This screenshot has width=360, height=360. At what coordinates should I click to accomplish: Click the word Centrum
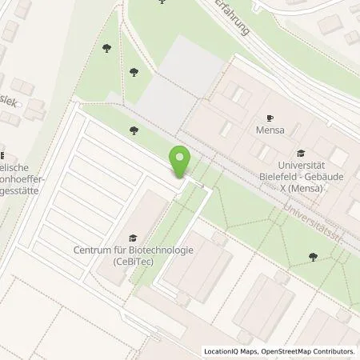(92, 250)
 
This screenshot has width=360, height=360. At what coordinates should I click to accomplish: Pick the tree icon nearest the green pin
(134, 130)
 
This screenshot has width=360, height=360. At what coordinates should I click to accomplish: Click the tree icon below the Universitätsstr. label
(313, 257)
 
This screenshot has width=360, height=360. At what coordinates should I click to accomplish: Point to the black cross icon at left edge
(2, 154)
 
